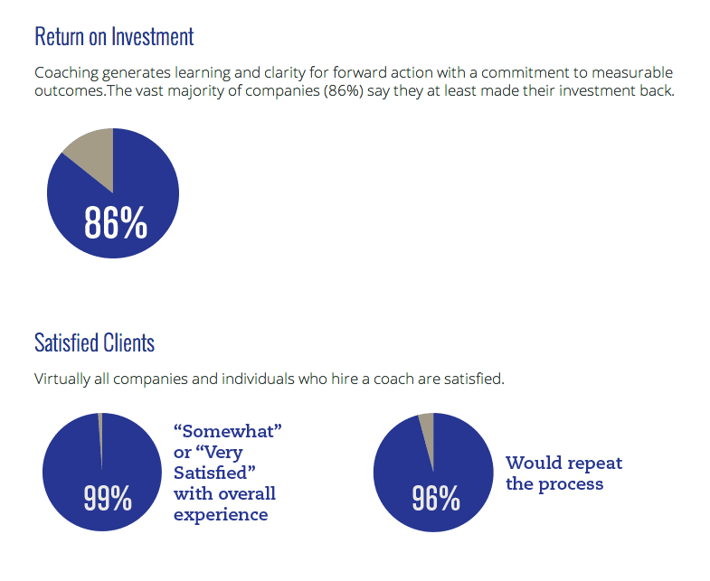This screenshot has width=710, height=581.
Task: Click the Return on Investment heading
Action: coord(114,37)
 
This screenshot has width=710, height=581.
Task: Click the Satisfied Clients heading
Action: coord(94,343)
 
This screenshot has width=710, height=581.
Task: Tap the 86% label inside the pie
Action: coord(115,222)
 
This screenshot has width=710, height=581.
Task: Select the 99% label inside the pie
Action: coord(108,497)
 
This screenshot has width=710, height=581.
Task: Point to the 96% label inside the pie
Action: coord(436,497)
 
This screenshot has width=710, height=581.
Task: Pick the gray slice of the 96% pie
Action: coord(427,429)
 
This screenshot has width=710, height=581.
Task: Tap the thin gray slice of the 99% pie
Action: coord(100,434)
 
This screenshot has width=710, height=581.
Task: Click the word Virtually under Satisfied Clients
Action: coord(62,379)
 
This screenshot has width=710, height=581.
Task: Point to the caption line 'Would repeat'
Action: coord(563,464)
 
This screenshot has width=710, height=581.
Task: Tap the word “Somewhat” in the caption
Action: coord(228,431)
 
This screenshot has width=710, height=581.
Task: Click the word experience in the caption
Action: coord(221,515)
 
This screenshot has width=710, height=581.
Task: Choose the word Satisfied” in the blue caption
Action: coord(211,473)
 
